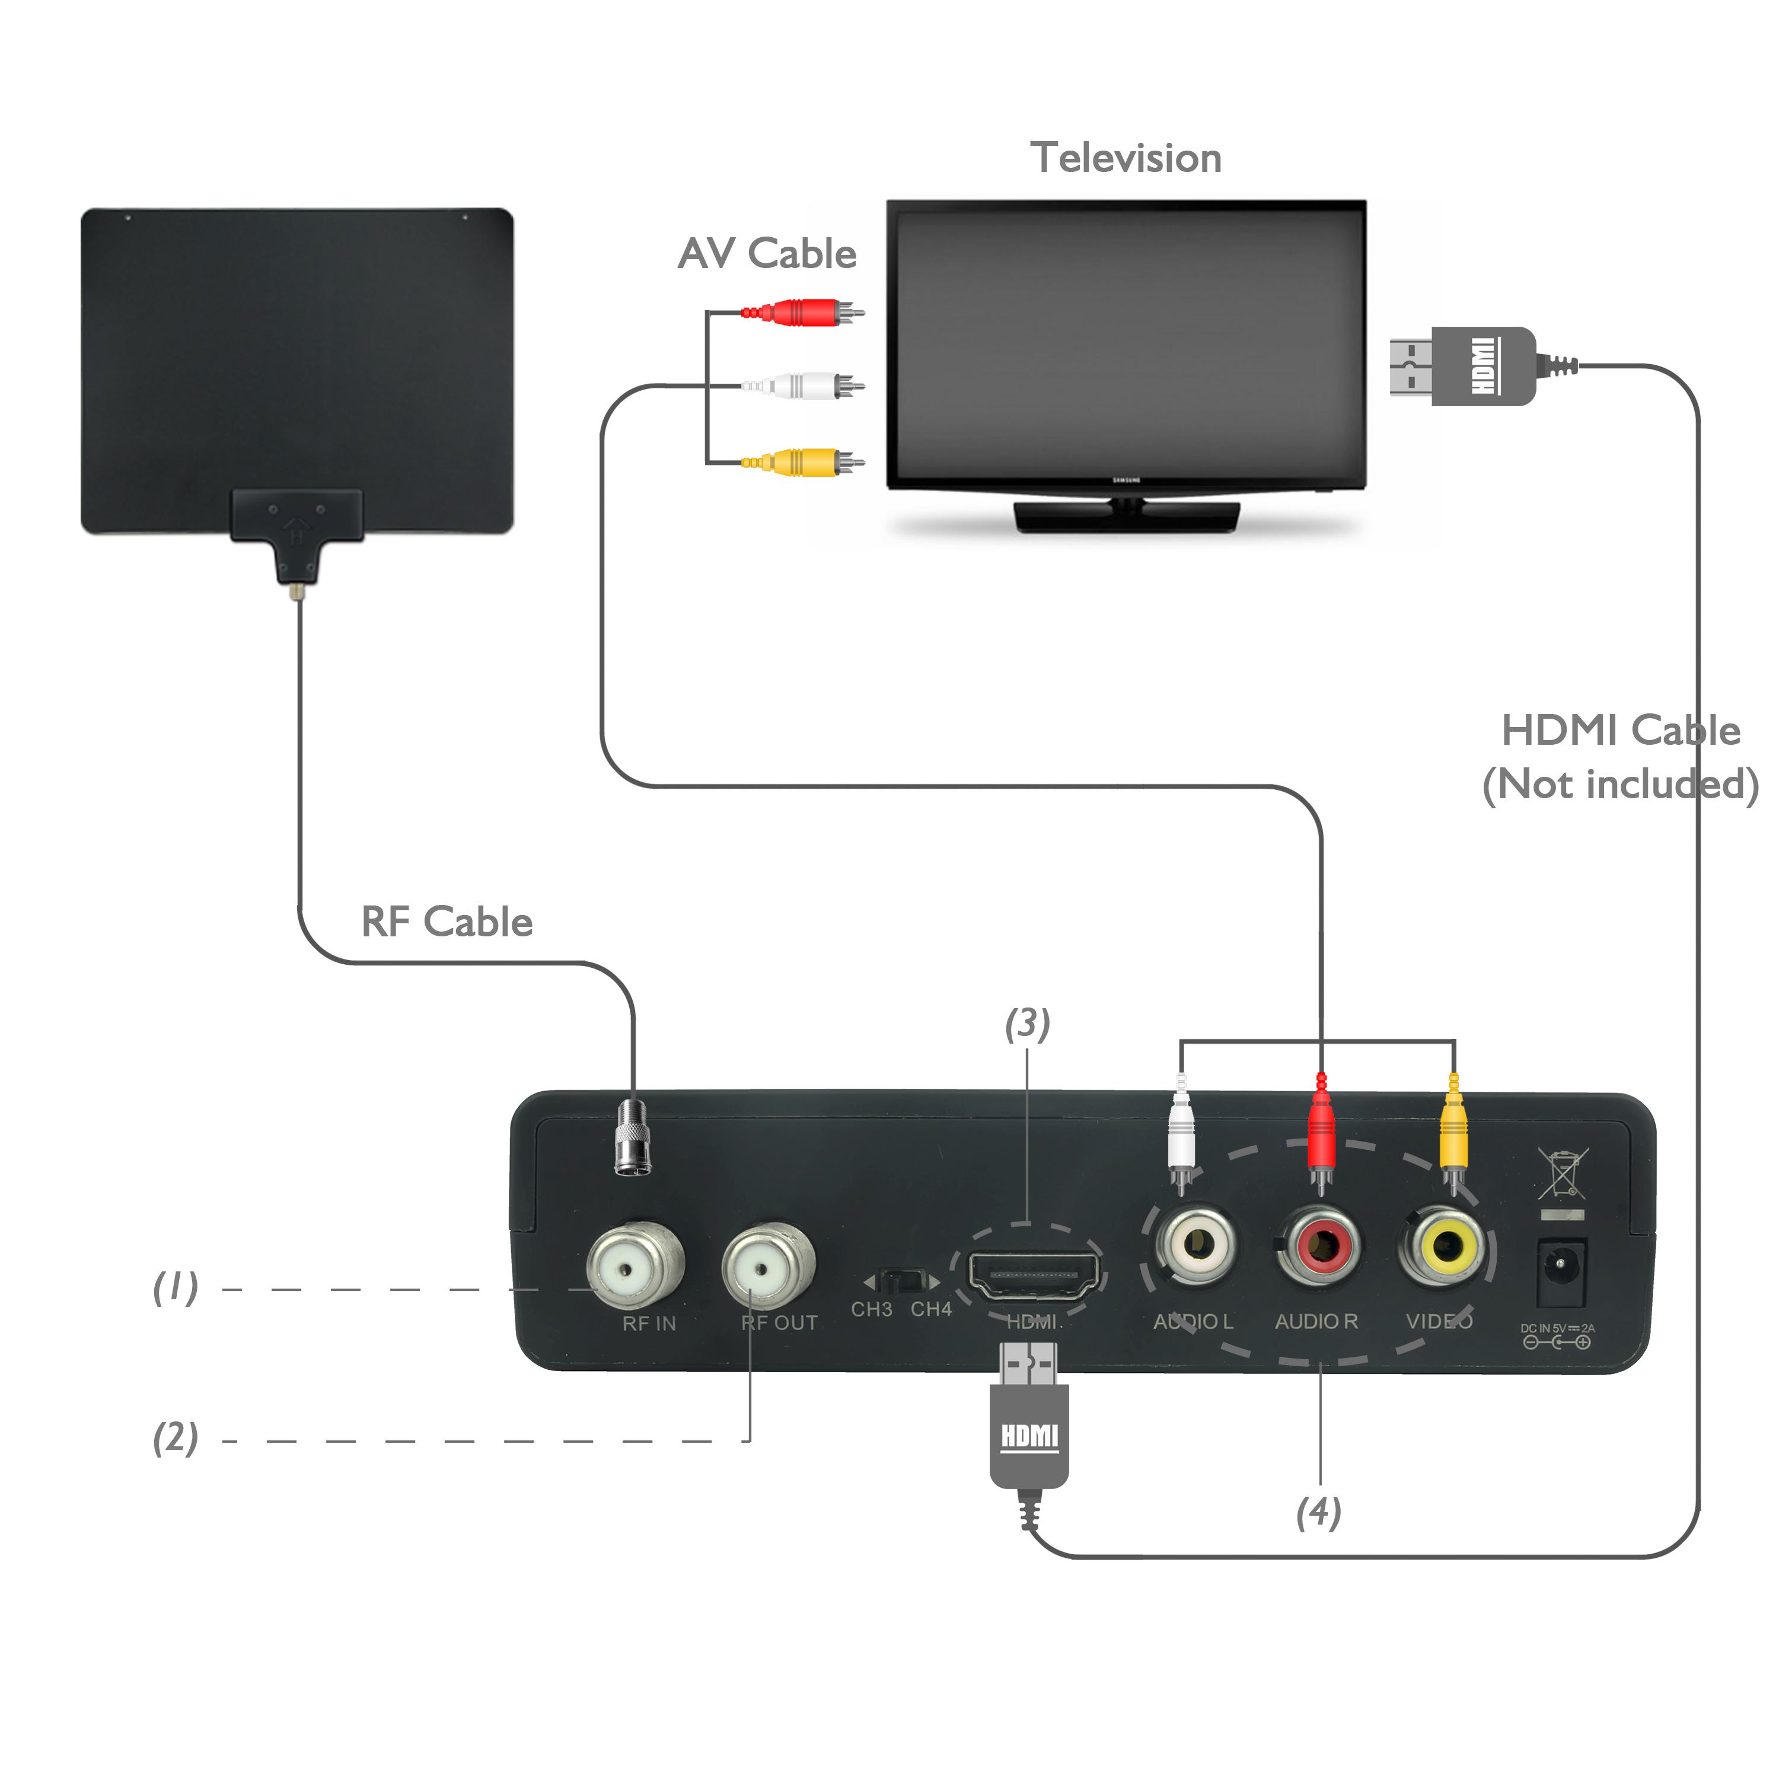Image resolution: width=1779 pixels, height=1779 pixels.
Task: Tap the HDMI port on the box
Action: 1033,1276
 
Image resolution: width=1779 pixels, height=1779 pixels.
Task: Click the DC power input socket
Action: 1562,1273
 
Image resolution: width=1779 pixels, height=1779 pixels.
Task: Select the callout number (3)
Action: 1026,1024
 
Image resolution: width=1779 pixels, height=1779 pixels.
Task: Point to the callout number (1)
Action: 175,1287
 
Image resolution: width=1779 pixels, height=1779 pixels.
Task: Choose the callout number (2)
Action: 175,1437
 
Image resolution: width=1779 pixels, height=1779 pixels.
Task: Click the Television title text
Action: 1126,158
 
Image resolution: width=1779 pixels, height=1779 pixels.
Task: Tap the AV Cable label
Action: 766,254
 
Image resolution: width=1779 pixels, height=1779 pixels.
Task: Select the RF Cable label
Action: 447,922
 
